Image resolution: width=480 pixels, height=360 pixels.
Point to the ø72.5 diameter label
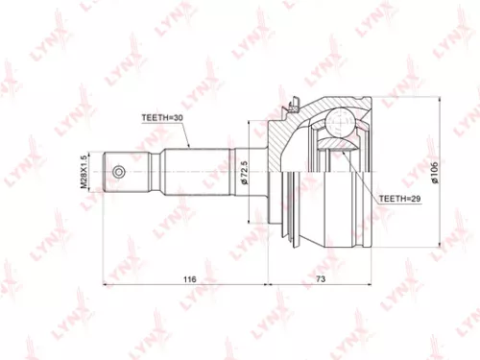click(246, 174)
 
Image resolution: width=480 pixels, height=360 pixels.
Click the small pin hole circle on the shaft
click(119, 172)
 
